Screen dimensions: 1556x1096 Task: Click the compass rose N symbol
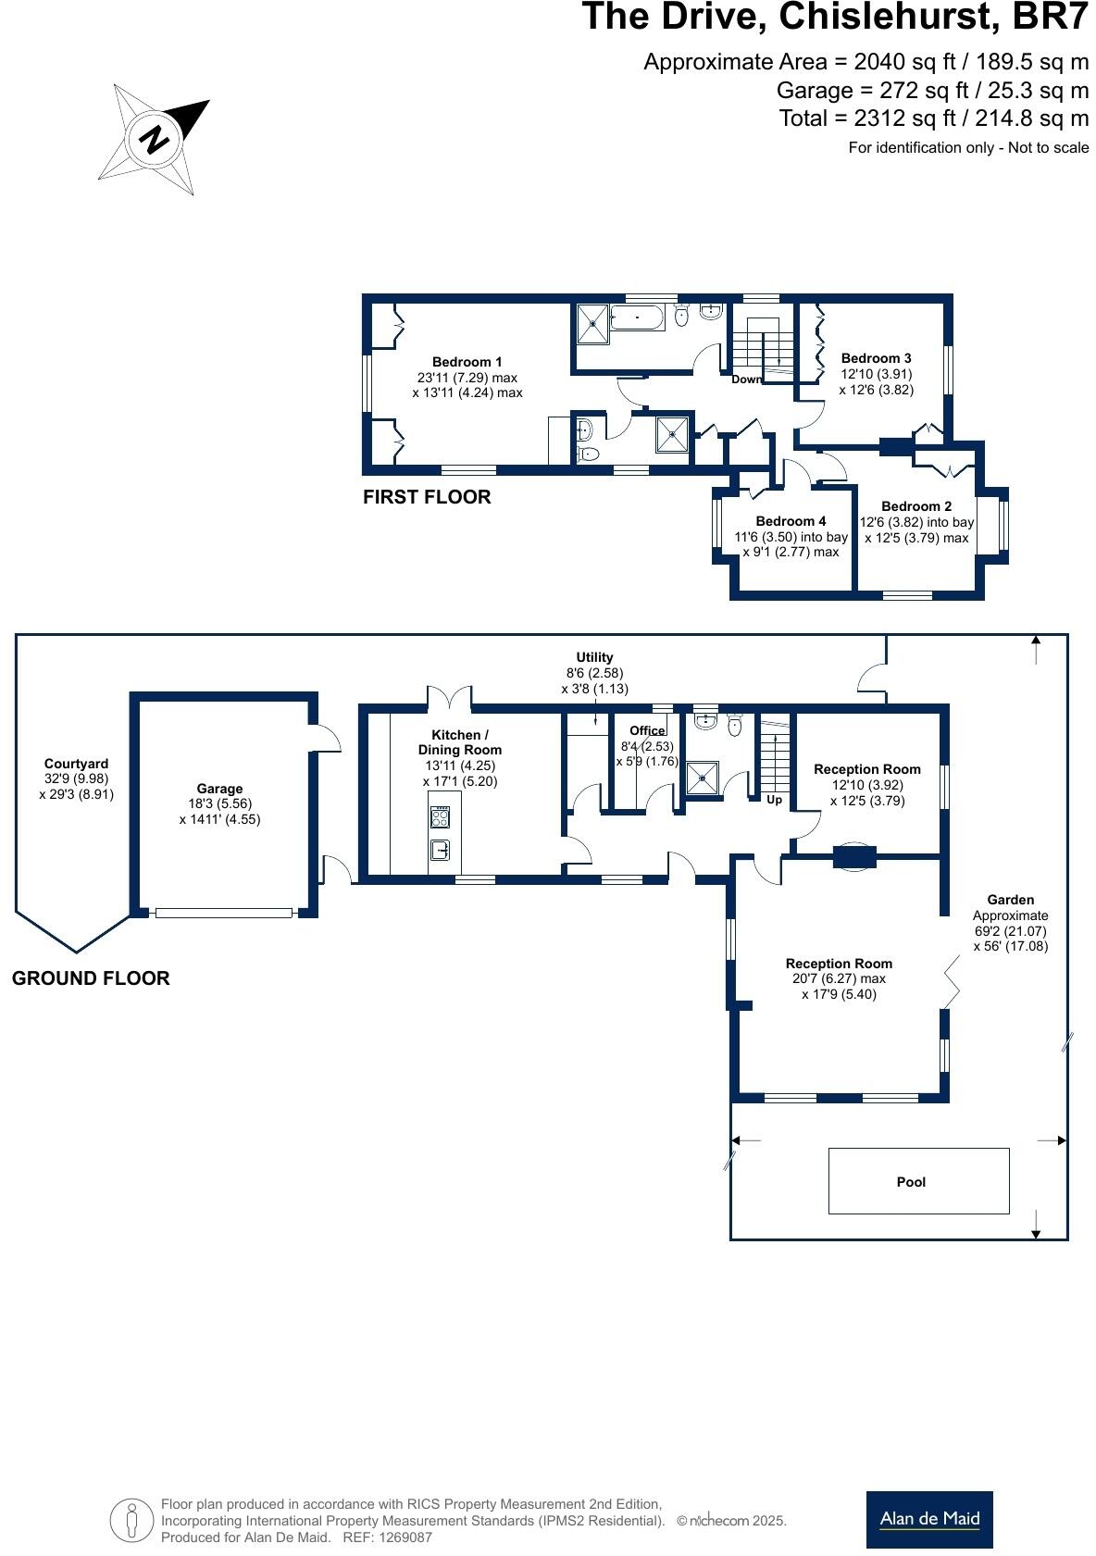[x=155, y=140]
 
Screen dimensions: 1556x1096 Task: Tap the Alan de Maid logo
[x=928, y=1519]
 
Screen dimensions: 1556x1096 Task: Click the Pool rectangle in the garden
[x=917, y=1180]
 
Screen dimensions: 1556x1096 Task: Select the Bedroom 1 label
[x=467, y=362]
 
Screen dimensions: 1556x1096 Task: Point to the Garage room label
[x=219, y=789]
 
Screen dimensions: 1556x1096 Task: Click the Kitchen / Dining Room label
[x=460, y=742]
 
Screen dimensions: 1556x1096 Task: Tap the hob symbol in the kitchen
[x=441, y=816]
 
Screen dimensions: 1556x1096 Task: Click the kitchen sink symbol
[x=441, y=849]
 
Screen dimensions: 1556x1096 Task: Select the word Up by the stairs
[x=774, y=799]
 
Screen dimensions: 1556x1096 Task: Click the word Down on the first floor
[x=746, y=380]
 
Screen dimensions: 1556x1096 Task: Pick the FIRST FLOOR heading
[x=427, y=497]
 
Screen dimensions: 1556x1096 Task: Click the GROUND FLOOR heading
[x=91, y=978]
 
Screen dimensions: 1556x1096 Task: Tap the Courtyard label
[x=76, y=764]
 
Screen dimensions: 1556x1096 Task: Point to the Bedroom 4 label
[x=791, y=521]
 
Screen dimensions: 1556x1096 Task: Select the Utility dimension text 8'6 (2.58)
[x=594, y=673]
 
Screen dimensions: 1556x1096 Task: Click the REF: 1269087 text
[x=387, y=1537]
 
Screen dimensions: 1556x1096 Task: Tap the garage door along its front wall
[x=223, y=913]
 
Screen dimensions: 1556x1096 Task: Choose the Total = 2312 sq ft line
[x=933, y=118]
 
